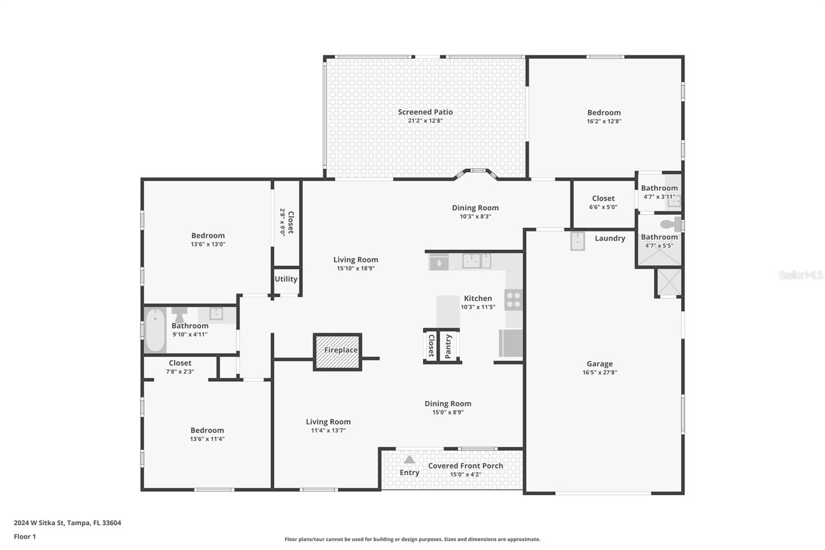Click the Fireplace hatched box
click(x=338, y=352)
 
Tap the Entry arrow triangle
click(x=409, y=460)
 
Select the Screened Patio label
click(x=425, y=112)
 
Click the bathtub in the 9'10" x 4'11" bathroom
click(x=155, y=330)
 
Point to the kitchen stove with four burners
click(x=514, y=300)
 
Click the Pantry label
click(x=449, y=346)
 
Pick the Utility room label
click(x=286, y=279)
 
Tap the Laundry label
click(x=609, y=238)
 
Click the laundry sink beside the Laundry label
click(x=577, y=241)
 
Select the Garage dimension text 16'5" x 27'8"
click(x=599, y=373)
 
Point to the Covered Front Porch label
click(x=465, y=466)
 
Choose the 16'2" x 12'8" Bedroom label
click(x=604, y=112)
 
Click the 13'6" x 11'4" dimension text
click(x=207, y=439)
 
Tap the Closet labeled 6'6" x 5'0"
click(x=603, y=199)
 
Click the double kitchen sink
click(x=476, y=261)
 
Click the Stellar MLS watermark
click(x=800, y=275)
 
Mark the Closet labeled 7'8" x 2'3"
click(x=179, y=363)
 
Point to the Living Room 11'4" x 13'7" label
click(x=328, y=422)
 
